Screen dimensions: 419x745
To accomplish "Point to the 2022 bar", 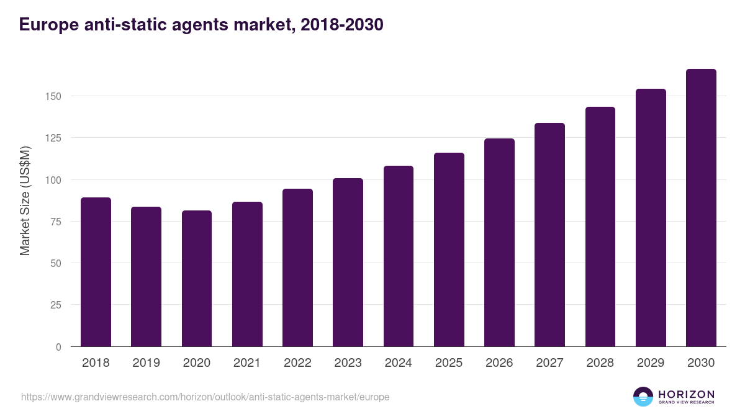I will (297, 268).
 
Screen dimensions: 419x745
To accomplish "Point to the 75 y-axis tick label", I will (56, 222).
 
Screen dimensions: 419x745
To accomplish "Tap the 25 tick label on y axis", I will (56, 305).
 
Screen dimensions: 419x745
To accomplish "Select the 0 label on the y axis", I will (59, 347).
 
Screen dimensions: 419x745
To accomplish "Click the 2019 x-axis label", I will (146, 363).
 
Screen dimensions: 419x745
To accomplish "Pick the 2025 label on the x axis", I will (449, 363).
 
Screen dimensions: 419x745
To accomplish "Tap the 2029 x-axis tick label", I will (651, 363).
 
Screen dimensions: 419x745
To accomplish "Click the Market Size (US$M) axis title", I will (25, 200).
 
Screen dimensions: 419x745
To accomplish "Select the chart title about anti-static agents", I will (201, 25).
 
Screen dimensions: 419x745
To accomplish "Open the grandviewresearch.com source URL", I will (205, 397).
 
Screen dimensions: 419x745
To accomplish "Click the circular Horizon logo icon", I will (643, 397).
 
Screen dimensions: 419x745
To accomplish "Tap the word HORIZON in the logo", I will (686, 394).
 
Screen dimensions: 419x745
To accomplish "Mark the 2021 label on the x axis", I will (247, 363).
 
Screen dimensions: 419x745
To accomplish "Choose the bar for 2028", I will (600, 227).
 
